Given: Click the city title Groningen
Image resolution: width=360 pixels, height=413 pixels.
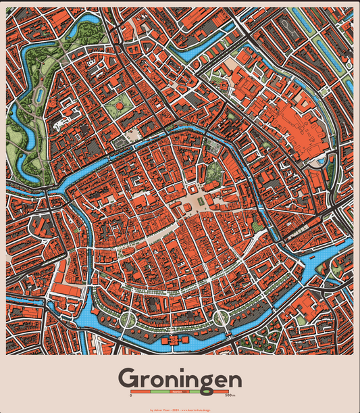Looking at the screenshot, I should [x=180, y=379].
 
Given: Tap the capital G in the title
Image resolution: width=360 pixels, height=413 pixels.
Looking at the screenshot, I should [x=129, y=378].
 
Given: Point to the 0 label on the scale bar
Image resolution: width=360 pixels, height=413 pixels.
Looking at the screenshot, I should [x=131, y=395].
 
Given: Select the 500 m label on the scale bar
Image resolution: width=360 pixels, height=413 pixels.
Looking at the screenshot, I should [x=230, y=395].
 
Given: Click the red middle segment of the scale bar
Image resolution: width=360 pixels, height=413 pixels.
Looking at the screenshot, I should [x=180, y=391].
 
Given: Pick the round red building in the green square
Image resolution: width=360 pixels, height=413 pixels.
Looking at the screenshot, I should [x=121, y=105].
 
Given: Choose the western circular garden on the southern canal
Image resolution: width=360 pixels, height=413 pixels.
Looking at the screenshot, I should [x=127, y=319].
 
